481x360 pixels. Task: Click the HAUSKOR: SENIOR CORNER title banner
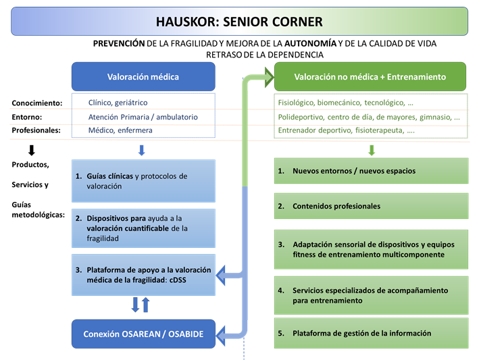point(240,22)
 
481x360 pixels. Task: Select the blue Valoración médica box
point(143,76)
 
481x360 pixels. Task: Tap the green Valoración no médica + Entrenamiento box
point(370,76)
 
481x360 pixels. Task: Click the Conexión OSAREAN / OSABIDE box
point(143,334)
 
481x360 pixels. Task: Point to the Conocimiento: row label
point(37,103)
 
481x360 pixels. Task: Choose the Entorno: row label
point(28,117)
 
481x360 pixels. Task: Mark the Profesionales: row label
point(36,130)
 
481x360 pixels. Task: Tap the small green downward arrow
point(371,150)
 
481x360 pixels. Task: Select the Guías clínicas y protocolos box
point(143,180)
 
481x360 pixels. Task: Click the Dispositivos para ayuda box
point(143,228)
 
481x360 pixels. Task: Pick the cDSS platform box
point(143,275)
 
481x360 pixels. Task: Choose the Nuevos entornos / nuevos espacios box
point(370,171)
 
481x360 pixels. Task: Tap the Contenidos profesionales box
point(370,206)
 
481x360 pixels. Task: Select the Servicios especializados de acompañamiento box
point(370,294)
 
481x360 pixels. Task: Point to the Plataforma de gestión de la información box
point(370,333)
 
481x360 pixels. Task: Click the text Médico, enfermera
point(120,130)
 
